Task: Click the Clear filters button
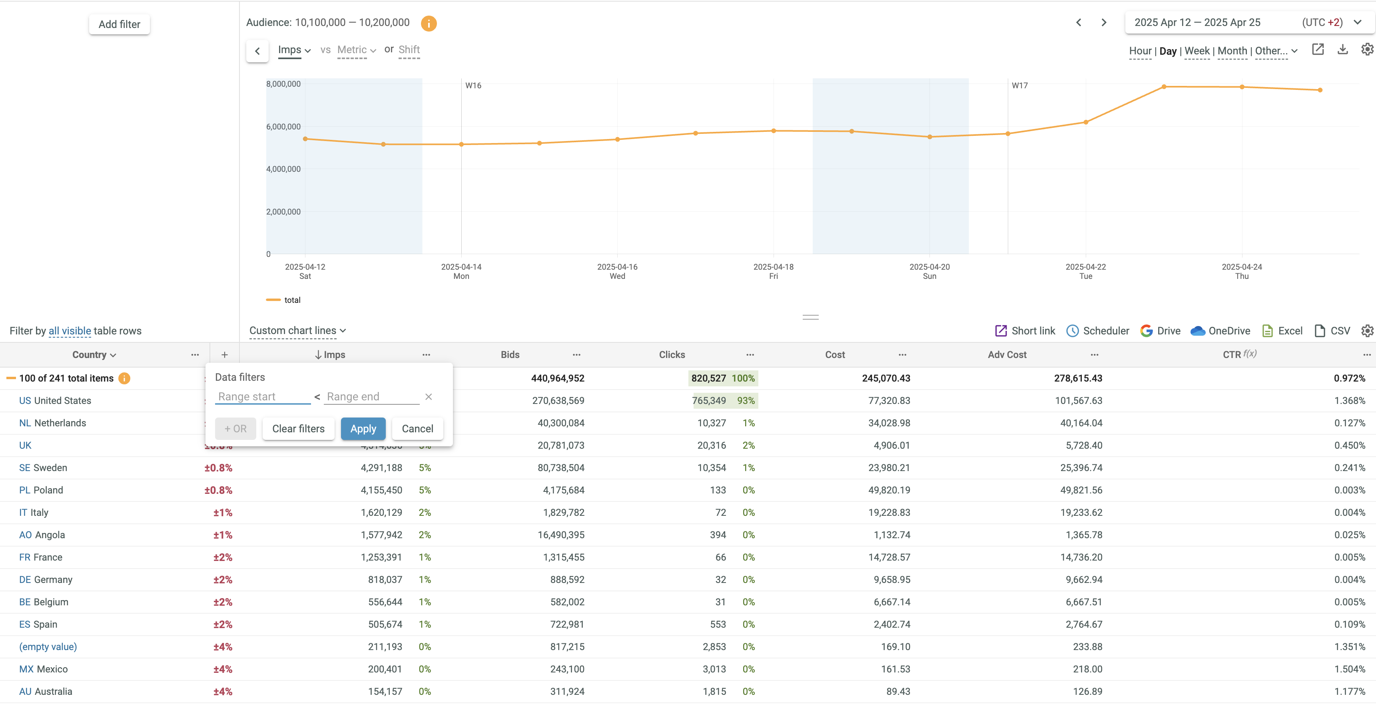click(x=298, y=429)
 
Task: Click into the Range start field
click(x=262, y=397)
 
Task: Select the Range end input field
click(x=371, y=397)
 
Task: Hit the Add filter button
click(x=119, y=24)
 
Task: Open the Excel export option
click(x=1282, y=331)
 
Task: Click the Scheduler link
click(x=1098, y=331)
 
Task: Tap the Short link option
click(x=1025, y=331)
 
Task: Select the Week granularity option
click(x=1197, y=51)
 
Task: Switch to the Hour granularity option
click(x=1140, y=51)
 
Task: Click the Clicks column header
click(x=672, y=355)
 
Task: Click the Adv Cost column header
click(x=1007, y=355)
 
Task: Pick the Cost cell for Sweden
click(x=889, y=467)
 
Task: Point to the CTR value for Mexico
click(x=1349, y=669)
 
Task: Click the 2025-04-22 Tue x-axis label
click(x=1085, y=271)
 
